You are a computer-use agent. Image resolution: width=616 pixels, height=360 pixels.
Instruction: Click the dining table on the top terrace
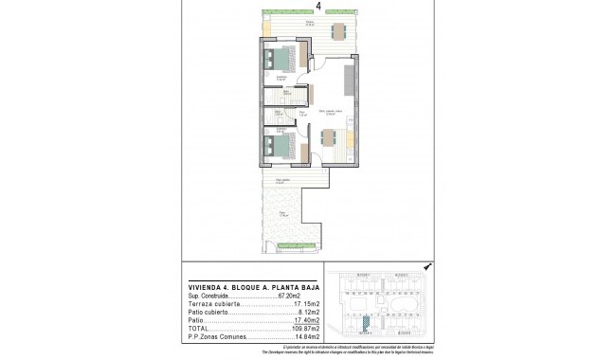(x=338, y=31)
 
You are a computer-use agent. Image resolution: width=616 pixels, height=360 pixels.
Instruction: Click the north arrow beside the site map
(x=428, y=267)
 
